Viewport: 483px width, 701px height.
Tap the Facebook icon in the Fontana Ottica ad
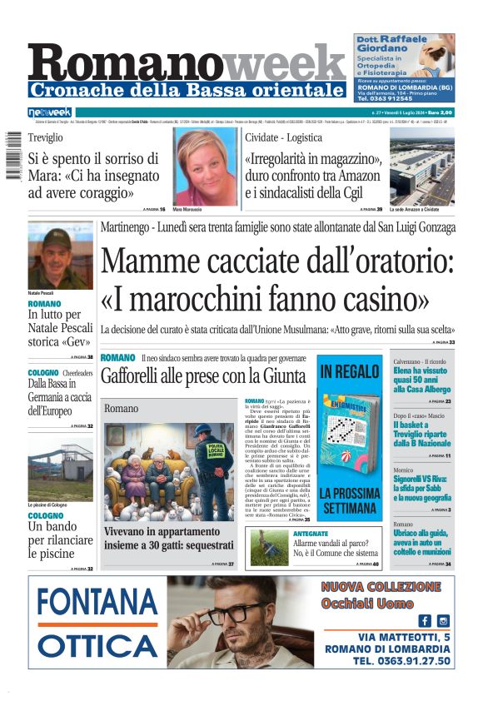click(x=425, y=620)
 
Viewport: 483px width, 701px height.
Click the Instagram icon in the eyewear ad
click(x=443, y=620)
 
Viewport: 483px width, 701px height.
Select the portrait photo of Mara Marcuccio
click(x=206, y=167)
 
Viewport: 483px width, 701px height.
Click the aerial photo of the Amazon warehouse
click(x=421, y=172)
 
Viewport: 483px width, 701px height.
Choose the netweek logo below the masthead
click(x=49, y=112)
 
